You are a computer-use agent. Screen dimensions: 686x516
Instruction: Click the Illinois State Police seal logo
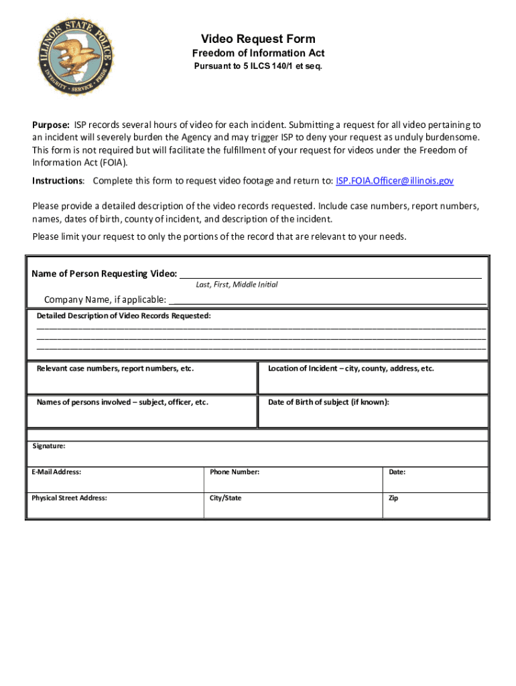pos(75,58)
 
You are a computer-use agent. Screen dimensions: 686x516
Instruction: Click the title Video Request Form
pos(258,39)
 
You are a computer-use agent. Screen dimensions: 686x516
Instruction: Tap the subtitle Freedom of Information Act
pos(258,54)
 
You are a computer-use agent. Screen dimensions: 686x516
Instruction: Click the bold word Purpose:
pos(52,125)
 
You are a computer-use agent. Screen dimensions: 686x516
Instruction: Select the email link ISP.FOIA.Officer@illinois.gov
pos(395,181)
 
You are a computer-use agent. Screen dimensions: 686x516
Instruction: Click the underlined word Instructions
pos(58,181)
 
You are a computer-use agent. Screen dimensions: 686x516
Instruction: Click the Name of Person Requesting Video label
pos(104,273)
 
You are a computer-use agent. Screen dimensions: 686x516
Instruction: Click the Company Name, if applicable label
pos(105,299)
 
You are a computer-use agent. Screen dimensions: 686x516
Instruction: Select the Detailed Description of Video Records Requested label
pos(123,315)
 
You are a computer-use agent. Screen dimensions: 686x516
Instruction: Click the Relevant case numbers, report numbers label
pos(115,368)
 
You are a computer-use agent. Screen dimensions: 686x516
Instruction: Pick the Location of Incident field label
pos(350,368)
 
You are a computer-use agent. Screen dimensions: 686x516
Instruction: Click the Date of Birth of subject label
pos(328,402)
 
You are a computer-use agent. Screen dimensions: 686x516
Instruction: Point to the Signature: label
pos(49,445)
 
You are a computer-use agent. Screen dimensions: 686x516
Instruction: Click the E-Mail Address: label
pos(56,472)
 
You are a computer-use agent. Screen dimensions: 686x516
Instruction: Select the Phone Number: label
pos(234,472)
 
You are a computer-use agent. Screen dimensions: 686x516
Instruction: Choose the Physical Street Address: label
pos(69,498)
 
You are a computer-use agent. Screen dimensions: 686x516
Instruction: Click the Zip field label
pos(393,498)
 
